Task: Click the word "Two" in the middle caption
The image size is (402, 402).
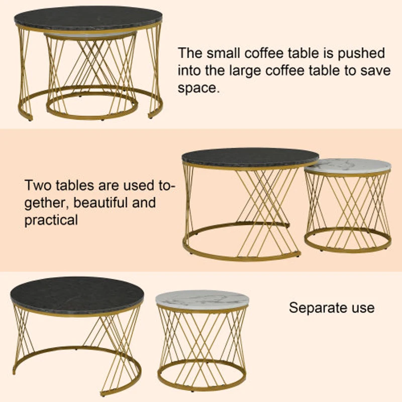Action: point(39,185)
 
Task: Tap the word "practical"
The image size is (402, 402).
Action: point(51,220)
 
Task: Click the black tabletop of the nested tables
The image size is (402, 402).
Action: point(88,18)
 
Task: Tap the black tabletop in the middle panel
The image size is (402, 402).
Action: point(250,157)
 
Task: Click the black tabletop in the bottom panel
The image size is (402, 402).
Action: point(76,294)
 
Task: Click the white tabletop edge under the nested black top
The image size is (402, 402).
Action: point(90,34)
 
